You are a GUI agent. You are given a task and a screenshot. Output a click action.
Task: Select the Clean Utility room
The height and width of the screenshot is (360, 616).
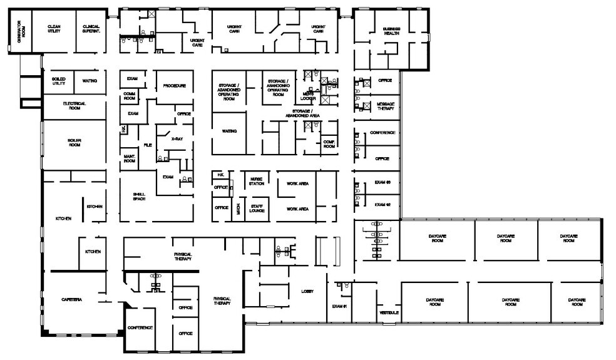pos(54,28)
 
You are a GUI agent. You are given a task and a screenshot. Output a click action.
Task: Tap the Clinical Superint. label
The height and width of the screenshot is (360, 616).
pos(92,28)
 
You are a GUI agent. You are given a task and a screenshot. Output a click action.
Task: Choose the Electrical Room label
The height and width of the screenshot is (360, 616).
pos(74,104)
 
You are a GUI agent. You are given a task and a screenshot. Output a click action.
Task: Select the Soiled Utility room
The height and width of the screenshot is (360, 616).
pos(59,81)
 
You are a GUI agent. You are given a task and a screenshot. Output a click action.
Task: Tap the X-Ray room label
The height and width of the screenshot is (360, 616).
pos(177,138)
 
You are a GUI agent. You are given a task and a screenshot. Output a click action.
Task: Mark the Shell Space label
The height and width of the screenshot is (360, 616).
pos(139,196)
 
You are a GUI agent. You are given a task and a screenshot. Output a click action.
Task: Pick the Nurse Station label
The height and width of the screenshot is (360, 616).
pos(255,180)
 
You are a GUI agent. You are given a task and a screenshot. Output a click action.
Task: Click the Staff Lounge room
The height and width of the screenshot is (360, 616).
pos(256,208)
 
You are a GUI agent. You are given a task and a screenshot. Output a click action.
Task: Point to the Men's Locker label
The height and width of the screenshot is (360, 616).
pos(308,96)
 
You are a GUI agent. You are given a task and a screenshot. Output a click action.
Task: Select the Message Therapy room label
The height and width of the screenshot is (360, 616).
pos(385,106)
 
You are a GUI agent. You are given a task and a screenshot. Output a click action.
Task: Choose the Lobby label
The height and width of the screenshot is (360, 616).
pos(307,292)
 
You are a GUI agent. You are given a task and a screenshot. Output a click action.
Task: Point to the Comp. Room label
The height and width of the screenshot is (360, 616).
pos(330,143)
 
